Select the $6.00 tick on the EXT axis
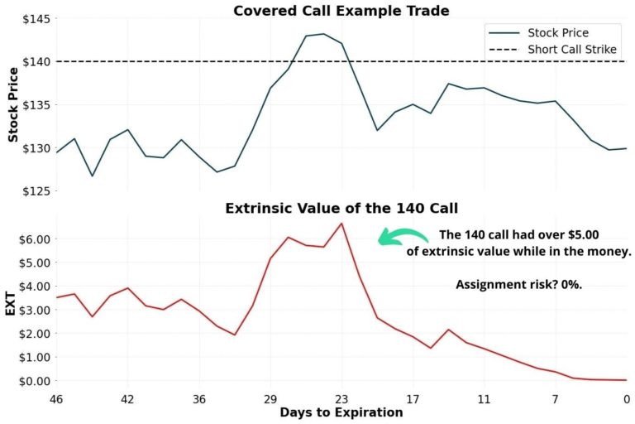[x=32, y=238]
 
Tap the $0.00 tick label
[x=32, y=381]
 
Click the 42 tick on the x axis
[x=127, y=397]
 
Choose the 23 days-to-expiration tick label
[x=341, y=397]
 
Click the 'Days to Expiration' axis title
[x=341, y=412]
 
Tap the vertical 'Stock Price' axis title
[x=12, y=105]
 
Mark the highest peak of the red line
[x=341, y=223]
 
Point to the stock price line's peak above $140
[x=323, y=34]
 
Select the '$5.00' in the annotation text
[x=610, y=234]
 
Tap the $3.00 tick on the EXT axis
[x=32, y=310]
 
